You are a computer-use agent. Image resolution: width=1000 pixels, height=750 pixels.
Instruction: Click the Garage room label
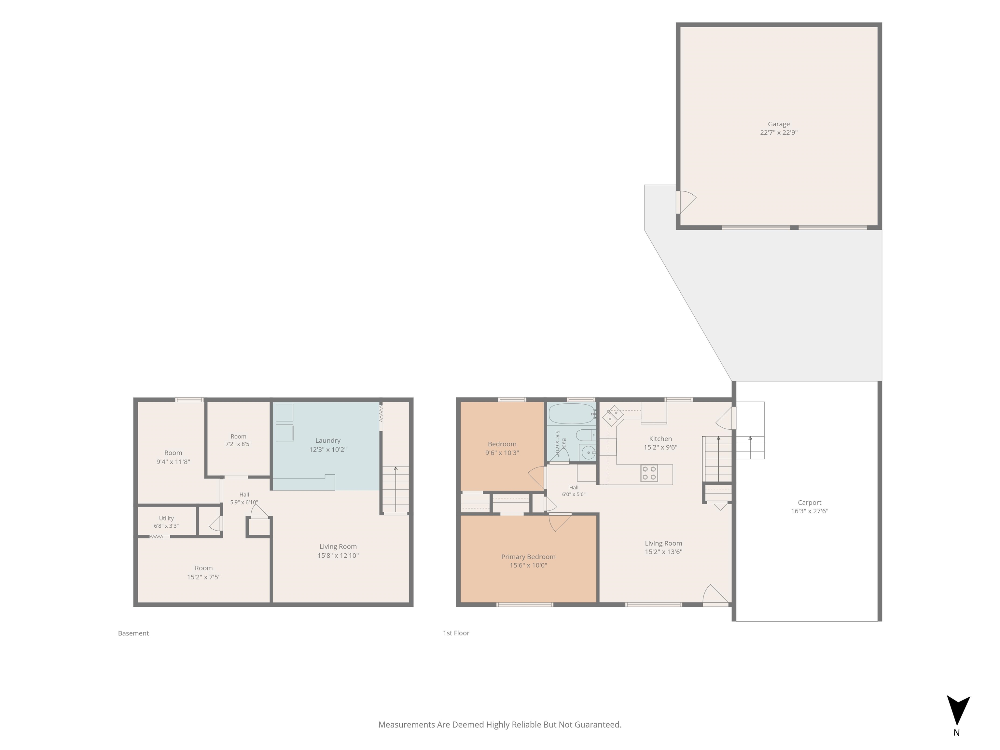click(x=778, y=124)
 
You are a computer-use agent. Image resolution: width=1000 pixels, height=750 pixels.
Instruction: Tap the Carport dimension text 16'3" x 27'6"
click(x=809, y=511)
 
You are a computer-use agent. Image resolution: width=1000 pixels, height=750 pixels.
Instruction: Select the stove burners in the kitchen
click(x=649, y=473)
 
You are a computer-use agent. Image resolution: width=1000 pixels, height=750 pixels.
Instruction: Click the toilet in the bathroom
click(x=585, y=435)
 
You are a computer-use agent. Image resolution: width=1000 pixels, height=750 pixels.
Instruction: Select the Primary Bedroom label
click(x=528, y=557)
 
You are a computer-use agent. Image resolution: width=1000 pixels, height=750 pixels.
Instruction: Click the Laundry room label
click(x=328, y=440)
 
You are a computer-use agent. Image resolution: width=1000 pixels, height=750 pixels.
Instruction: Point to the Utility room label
click(x=166, y=518)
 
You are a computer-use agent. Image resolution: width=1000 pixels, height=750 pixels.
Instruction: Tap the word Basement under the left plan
click(x=133, y=633)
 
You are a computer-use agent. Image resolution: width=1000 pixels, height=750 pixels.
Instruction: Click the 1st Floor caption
click(x=456, y=633)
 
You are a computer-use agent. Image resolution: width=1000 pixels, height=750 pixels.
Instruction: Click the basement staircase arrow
click(x=396, y=489)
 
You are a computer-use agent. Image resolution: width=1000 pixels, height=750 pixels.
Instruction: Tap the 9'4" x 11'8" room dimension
click(x=173, y=462)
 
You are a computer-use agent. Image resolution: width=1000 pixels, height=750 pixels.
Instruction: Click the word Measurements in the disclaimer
click(x=407, y=725)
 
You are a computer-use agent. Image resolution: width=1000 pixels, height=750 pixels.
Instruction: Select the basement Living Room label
click(x=338, y=547)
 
